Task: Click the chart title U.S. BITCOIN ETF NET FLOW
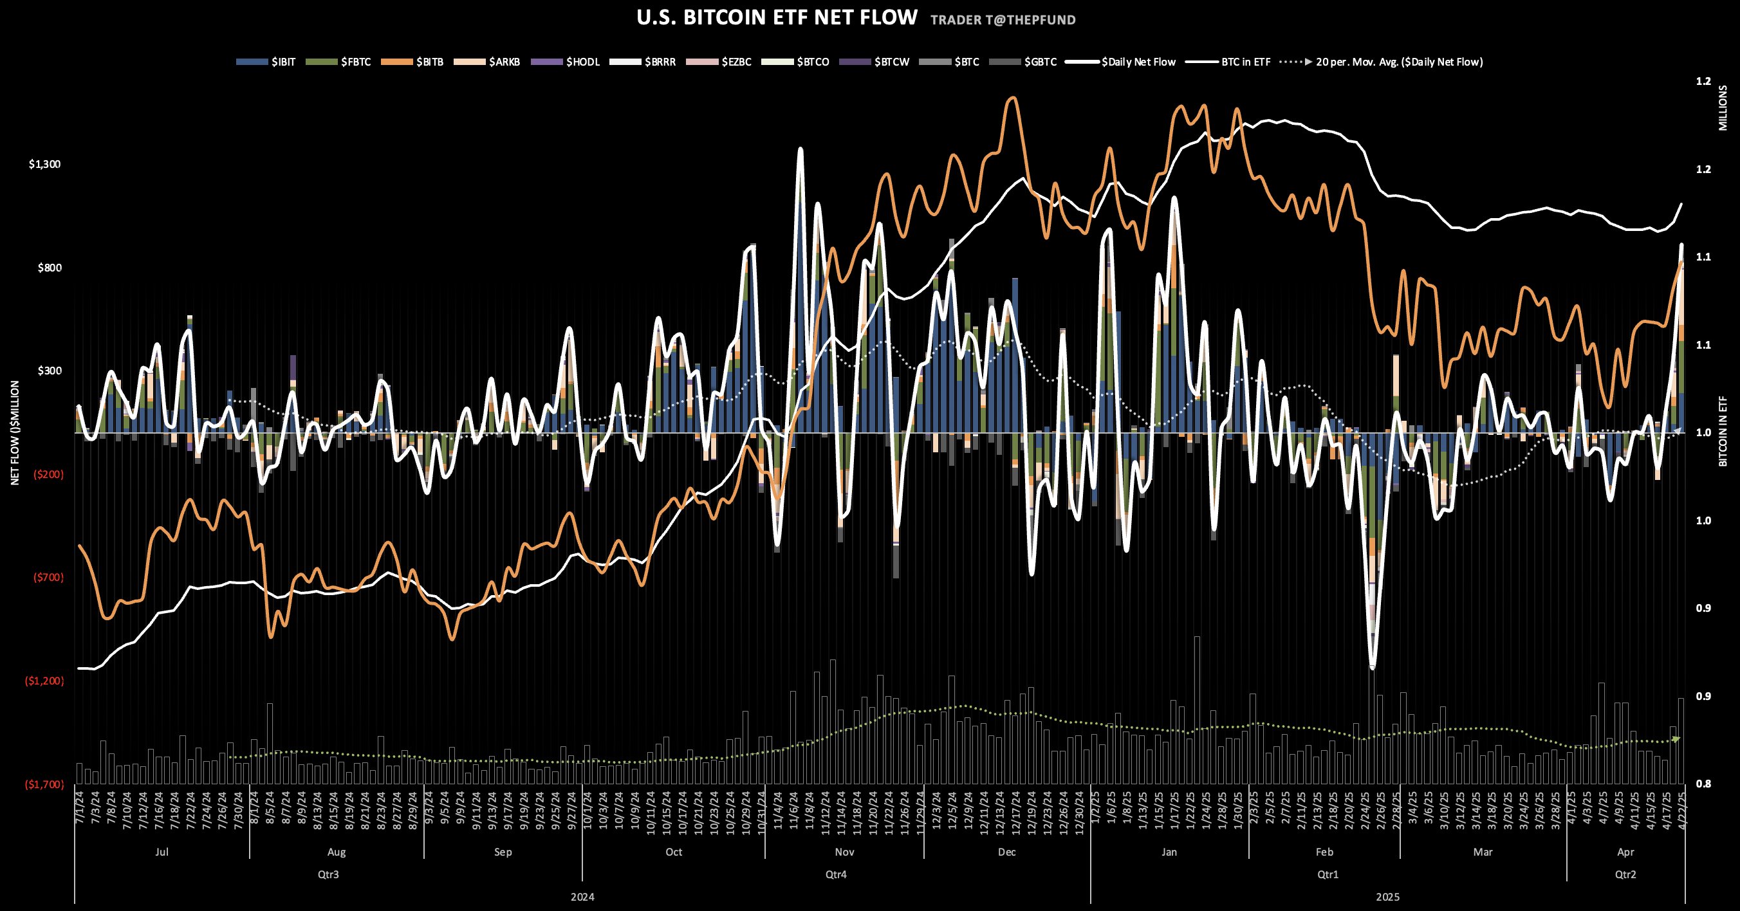pos(777,17)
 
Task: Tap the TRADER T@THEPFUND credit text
pos(1003,20)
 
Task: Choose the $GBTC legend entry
pos(1023,62)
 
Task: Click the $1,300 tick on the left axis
pos(44,164)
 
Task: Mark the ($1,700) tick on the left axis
pos(44,784)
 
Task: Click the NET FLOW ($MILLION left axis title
pos(15,433)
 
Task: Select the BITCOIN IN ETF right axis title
pos(1723,433)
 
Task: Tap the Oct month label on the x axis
pos(674,852)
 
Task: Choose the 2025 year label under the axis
pos(1387,897)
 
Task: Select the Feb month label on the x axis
pos(1324,852)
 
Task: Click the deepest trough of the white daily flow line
pos(1372,667)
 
